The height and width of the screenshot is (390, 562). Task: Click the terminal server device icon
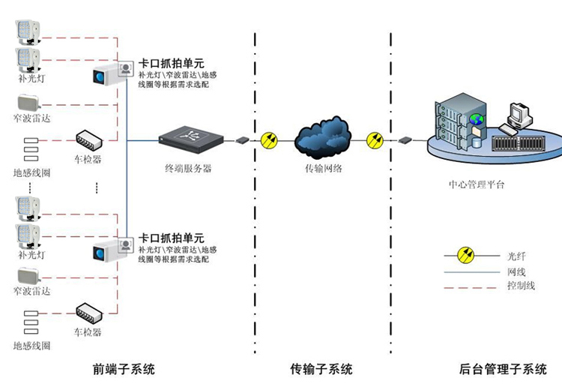[x=190, y=138]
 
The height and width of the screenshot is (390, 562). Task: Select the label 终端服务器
[x=188, y=169]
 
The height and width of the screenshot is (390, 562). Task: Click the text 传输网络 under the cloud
[x=324, y=169]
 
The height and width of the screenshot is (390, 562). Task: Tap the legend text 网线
[x=516, y=271]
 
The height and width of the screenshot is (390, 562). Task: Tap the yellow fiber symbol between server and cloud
[x=269, y=139]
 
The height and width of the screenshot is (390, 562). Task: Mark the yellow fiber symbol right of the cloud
[x=375, y=139]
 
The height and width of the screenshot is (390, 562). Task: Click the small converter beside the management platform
[x=405, y=139]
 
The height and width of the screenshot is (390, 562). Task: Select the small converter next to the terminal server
[x=242, y=139]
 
